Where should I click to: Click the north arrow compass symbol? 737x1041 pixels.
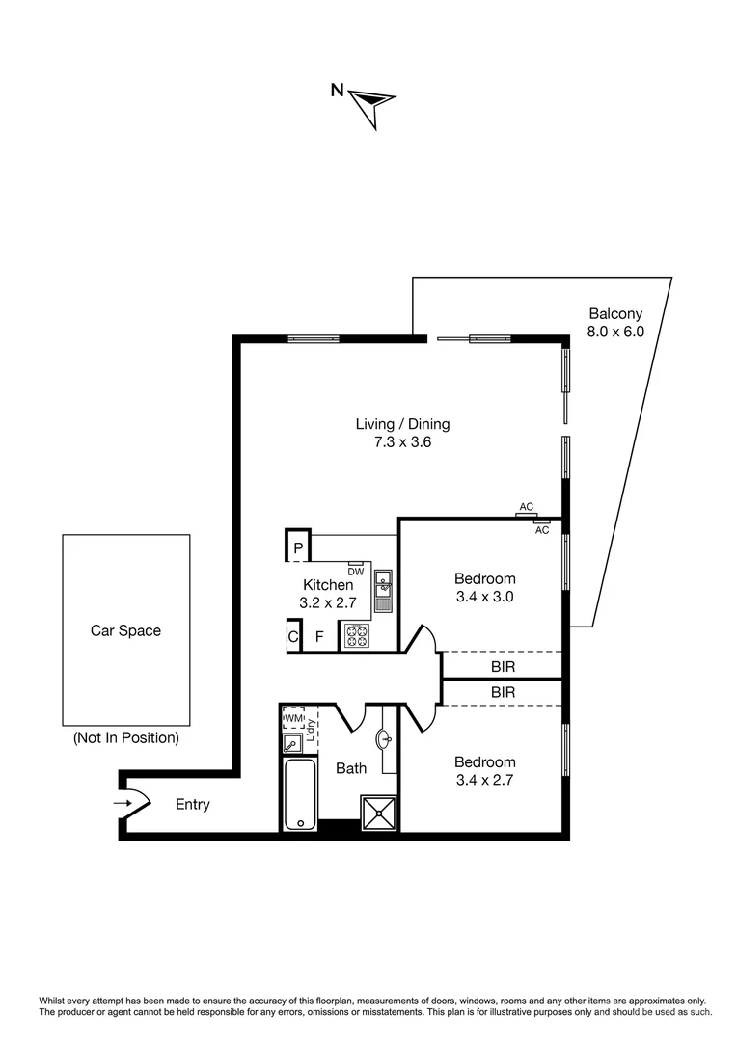tap(369, 103)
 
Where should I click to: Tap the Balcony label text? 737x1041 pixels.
tap(614, 313)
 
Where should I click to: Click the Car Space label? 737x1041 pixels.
tap(125, 631)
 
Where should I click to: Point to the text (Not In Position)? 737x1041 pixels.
tap(125, 738)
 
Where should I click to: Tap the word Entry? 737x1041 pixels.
tap(192, 805)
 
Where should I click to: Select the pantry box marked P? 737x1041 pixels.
tap(299, 547)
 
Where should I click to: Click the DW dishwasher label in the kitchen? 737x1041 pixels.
tap(355, 570)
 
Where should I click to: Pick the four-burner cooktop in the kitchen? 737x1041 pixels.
tap(356, 636)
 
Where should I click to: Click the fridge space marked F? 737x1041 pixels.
tap(319, 637)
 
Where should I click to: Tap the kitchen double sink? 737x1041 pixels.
tap(383, 591)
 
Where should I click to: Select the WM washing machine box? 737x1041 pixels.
tap(293, 719)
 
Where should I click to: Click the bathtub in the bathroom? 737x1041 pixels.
tap(299, 794)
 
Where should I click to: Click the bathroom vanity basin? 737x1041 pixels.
tap(385, 740)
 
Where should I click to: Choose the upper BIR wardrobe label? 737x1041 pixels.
tap(502, 665)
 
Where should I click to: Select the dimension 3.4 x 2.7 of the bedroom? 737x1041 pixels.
tap(484, 780)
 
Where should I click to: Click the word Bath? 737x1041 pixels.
tap(350, 768)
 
